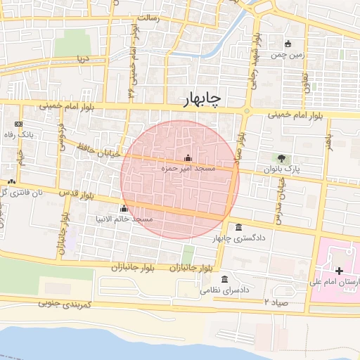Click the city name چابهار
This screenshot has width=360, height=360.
click(x=201, y=99)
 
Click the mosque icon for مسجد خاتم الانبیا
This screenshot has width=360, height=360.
click(x=124, y=208)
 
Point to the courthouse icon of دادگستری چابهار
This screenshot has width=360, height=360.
click(x=239, y=227)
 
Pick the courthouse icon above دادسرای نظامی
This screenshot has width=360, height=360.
click(x=224, y=279)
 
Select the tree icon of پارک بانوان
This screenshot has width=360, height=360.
click(x=282, y=158)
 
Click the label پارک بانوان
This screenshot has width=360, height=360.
click(x=282, y=169)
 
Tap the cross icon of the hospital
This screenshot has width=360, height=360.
click(x=339, y=271)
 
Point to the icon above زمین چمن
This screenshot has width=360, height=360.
click(x=288, y=44)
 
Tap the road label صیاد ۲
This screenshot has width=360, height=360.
click(x=276, y=301)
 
